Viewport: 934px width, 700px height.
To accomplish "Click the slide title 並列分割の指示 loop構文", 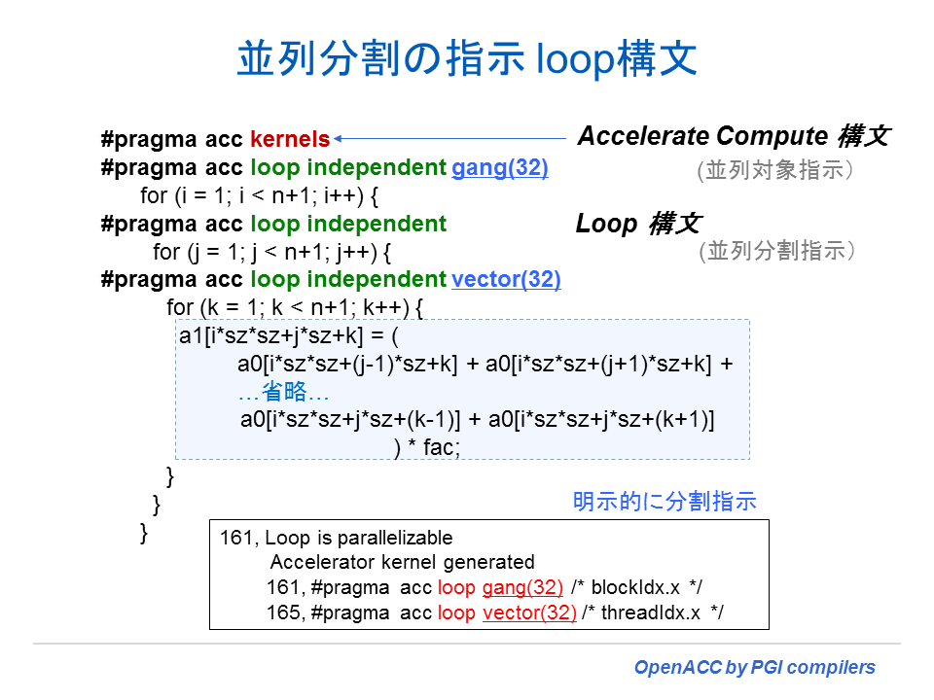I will [467, 58].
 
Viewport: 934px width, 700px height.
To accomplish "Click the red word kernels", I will [290, 139].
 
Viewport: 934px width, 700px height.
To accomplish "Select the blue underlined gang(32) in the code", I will [499, 167].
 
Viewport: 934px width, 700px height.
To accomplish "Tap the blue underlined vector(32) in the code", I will [506, 279].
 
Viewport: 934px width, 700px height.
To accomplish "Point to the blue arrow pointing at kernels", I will [448, 138].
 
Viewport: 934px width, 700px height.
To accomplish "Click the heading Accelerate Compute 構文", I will [733, 136].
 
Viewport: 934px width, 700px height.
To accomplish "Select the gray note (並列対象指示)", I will [776, 170].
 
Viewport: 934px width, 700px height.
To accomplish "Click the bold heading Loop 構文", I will [637, 224].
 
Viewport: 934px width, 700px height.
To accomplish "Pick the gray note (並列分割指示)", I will [776, 251].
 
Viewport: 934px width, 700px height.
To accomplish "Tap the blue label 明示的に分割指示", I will [665, 502].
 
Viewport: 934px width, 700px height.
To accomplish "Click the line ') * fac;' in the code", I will [427, 447].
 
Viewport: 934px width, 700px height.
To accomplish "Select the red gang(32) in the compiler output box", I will [522, 587].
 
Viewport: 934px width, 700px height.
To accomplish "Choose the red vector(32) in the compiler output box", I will [529, 612].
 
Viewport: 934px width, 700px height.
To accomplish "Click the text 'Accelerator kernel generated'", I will [402, 562].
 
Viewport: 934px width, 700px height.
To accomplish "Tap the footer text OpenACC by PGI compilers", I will [754, 668].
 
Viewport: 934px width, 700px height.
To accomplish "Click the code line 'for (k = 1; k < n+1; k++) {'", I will [296, 307].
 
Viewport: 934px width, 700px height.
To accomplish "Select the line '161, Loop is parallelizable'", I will [337, 538].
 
